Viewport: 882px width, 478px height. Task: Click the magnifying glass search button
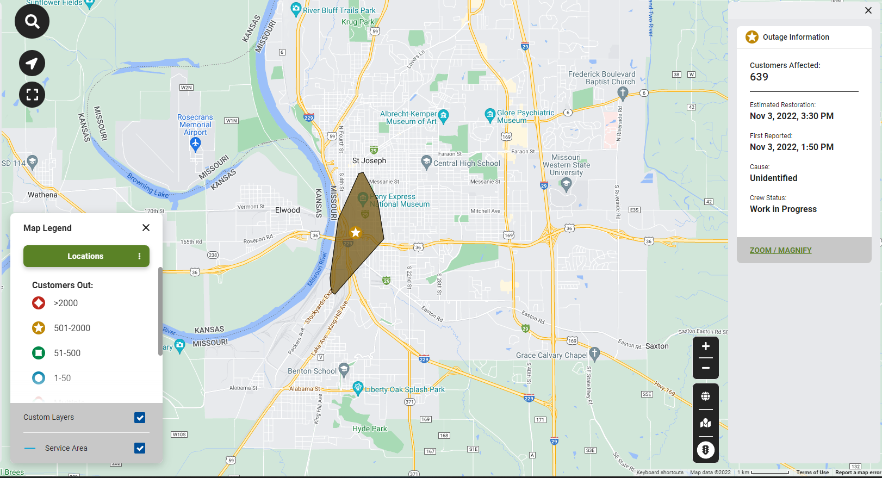(x=32, y=22)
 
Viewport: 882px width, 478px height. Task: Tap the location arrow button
(x=32, y=63)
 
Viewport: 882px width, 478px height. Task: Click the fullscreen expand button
(x=32, y=95)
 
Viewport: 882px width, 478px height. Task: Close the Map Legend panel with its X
(x=146, y=228)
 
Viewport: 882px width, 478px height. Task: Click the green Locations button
(x=85, y=256)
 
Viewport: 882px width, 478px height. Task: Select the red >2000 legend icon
(x=39, y=303)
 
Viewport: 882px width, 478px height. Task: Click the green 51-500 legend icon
(x=39, y=353)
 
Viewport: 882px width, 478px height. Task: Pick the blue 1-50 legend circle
(x=39, y=378)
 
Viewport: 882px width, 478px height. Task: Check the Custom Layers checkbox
(x=140, y=418)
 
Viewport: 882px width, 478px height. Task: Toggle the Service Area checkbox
(x=140, y=448)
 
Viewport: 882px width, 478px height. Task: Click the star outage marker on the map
(x=356, y=233)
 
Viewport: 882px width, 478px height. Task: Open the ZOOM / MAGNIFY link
(x=780, y=250)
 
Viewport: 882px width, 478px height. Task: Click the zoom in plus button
(x=705, y=346)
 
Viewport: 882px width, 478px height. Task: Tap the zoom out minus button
(x=705, y=368)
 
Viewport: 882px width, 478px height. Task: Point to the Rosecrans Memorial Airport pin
(x=196, y=144)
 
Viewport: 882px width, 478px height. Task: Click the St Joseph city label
(x=369, y=160)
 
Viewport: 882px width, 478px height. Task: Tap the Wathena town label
(x=42, y=195)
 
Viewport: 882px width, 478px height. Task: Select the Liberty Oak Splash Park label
(x=405, y=389)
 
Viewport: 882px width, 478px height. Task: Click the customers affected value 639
(x=759, y=77)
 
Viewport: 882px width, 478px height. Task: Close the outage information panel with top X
(x=868, y=10)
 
